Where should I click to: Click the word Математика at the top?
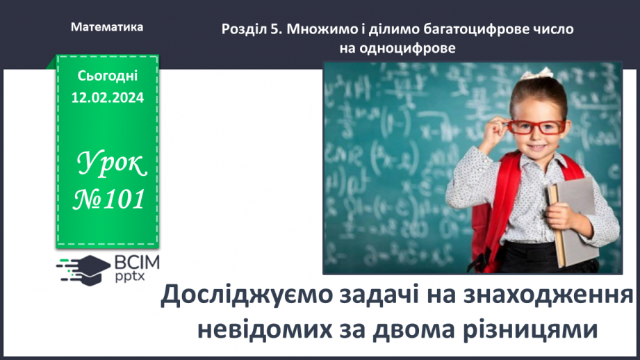click(107, 28)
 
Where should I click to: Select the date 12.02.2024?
click(108, 98)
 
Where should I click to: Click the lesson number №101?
click(110, 199)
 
